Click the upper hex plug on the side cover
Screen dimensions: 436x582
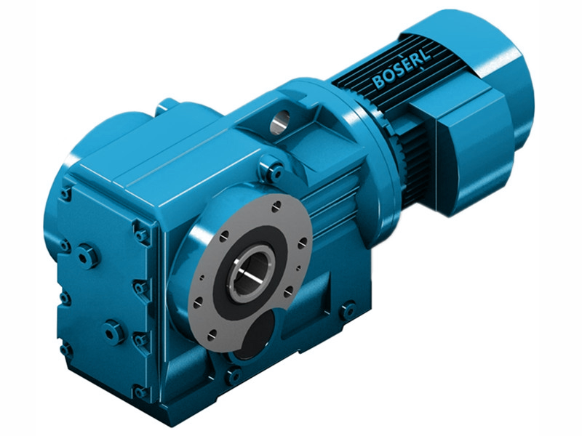(87, 255)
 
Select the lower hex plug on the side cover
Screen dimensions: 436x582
(113, 332)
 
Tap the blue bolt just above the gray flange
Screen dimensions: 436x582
(274, 171)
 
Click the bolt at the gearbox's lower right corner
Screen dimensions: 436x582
(347, 310)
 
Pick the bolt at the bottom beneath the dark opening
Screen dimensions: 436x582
(233, 376)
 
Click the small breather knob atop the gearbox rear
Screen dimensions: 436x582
(167, 106)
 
